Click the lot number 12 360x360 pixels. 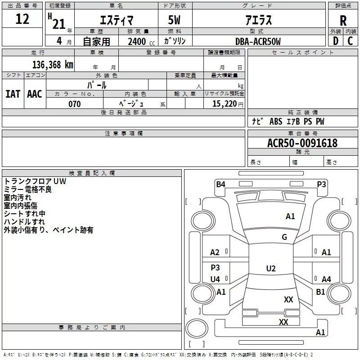(22, 19)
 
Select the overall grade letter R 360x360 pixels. (343, 21)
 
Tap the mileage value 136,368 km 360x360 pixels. (53, 64)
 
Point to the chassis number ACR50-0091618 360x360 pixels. (302, 143)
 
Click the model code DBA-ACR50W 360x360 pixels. (258, 41)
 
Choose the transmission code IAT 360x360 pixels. (13, 94)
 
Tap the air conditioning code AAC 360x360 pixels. (35, 94)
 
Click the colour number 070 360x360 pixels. (75, 104)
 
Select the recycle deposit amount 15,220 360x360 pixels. (225, 103)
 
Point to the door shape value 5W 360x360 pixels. (174, 20)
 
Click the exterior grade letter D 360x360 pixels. (336, 41)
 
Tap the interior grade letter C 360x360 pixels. (350, 41)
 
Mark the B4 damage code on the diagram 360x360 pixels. (220, 184)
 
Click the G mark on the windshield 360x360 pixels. (284, 237)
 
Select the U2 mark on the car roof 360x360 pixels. (271, 268)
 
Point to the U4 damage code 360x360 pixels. (215, 279)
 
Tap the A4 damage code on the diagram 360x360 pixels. (326, 279)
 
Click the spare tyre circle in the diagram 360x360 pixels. (197, 328)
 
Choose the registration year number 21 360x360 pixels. (59, 24)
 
